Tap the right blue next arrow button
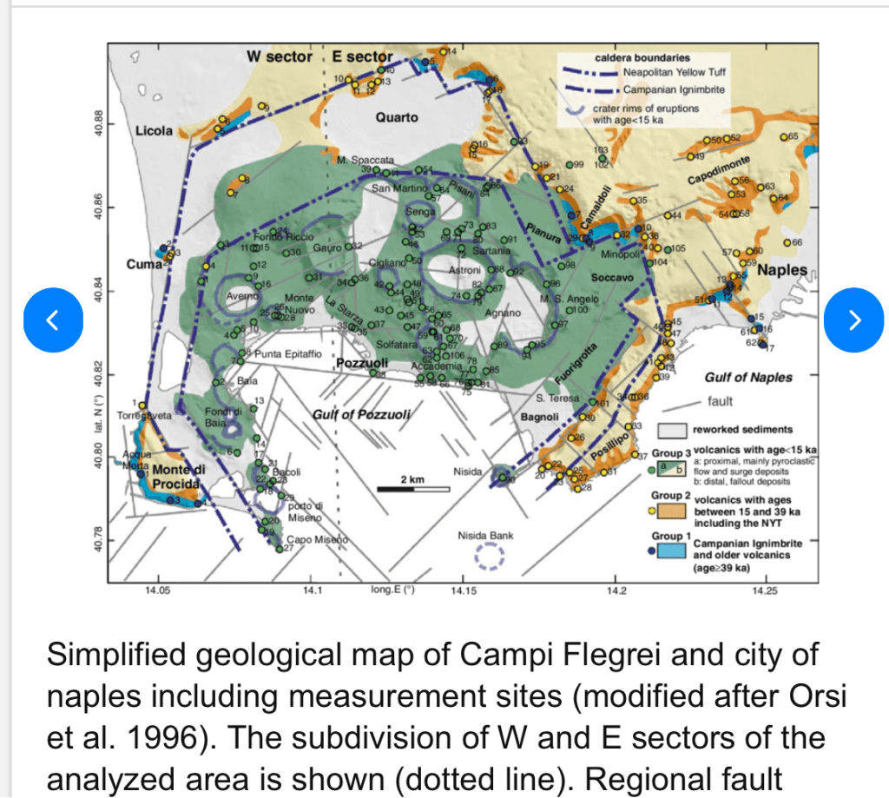(854, 320)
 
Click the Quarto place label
(397, 117)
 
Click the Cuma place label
(144, 264)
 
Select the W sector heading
(279, 56)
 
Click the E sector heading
(364, 56)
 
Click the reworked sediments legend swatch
(669, 430)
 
